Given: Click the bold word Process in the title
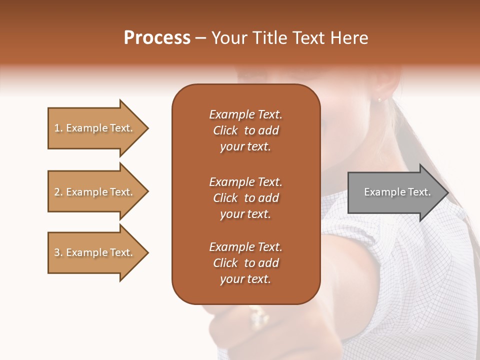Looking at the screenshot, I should coord(157,38).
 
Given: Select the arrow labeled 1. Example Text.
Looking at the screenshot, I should coord(95,128).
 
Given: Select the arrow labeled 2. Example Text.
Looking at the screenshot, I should coord(95,192).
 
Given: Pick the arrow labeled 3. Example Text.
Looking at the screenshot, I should coord(95,252).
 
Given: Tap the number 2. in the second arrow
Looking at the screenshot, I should coord(58,192).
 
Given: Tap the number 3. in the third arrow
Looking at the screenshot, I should coord(58,252).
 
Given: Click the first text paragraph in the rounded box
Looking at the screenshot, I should coord(245,130).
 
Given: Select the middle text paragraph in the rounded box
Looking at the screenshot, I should coord(245,198).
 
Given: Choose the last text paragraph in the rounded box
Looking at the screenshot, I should coord(245,263).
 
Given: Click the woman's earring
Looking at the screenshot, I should coord(379,99).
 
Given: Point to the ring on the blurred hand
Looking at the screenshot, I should coord(259,317).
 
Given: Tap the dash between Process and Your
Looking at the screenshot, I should coord(201,38).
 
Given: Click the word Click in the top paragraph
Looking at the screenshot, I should coord(225,130).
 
